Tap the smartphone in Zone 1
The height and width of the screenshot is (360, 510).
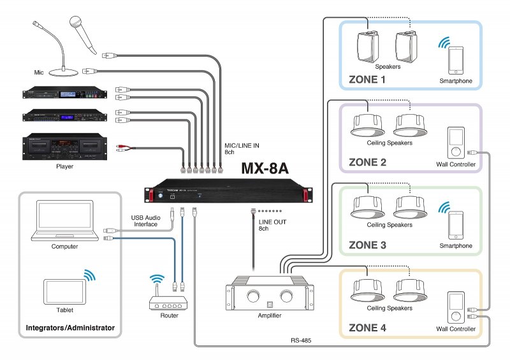tap(455, 60)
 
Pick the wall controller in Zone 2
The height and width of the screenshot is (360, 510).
tap(455, 143)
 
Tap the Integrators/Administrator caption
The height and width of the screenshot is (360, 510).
tap(70, 328)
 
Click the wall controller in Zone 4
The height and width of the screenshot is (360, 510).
tap(455, 308)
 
